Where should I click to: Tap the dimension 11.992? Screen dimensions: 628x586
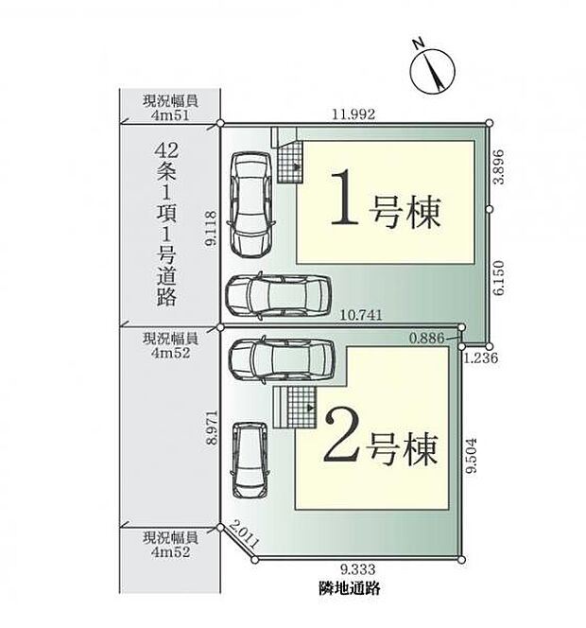tap(354, 113)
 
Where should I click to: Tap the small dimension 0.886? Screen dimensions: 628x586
tap(426, 338)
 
